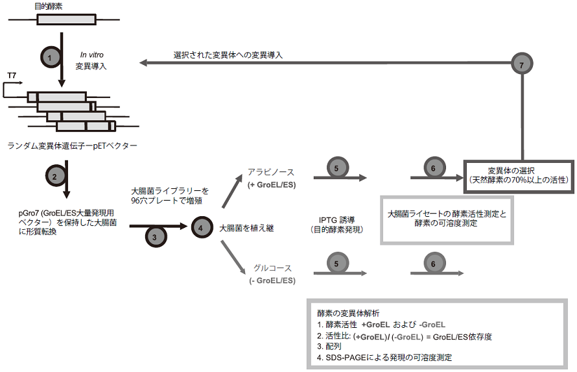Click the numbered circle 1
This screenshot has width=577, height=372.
[51, 58]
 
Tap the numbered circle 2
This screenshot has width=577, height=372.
[54, 177]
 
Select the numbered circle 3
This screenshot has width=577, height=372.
[154, 237]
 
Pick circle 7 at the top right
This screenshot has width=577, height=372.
[521, 64]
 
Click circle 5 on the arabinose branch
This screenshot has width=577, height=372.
[335, 167]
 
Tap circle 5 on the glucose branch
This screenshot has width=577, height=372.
[335, 264]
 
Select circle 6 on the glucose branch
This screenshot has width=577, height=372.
[433, 264]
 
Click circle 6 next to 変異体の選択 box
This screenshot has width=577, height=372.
[433, 167]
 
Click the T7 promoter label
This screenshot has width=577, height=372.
[12, 77]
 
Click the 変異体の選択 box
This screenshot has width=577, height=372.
[519, 174]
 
